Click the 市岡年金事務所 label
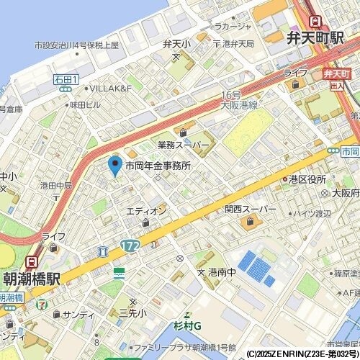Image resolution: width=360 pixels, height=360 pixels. (x=158, y=166)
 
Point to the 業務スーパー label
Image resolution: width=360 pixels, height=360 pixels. (x=184, y=145)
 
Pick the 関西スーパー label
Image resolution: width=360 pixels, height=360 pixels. (x=250, y=210)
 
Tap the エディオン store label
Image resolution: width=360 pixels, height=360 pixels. (x=146, y=211)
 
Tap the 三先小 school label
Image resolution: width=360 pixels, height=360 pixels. (x=132, y=312)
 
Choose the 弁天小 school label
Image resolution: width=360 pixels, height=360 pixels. (x=176, y=43)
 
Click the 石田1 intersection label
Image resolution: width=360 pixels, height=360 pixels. (x=66, y=78)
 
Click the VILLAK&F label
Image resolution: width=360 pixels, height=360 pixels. (x=110, y=88)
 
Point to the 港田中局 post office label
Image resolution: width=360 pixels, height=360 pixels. (x=55, y=186)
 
